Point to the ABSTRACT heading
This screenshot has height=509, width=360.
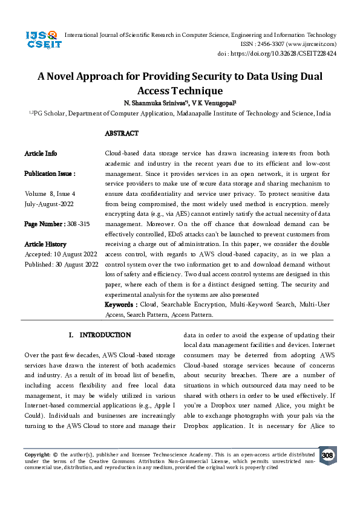(x=122, y=133)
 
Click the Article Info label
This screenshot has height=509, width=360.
(x=41, y=154)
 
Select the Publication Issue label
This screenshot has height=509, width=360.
(x=50, y=173)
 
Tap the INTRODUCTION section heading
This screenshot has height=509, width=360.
(x=105, y=334)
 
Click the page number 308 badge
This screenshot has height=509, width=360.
(x=327, y=455)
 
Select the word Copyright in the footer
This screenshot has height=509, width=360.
(x=37, y=453)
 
